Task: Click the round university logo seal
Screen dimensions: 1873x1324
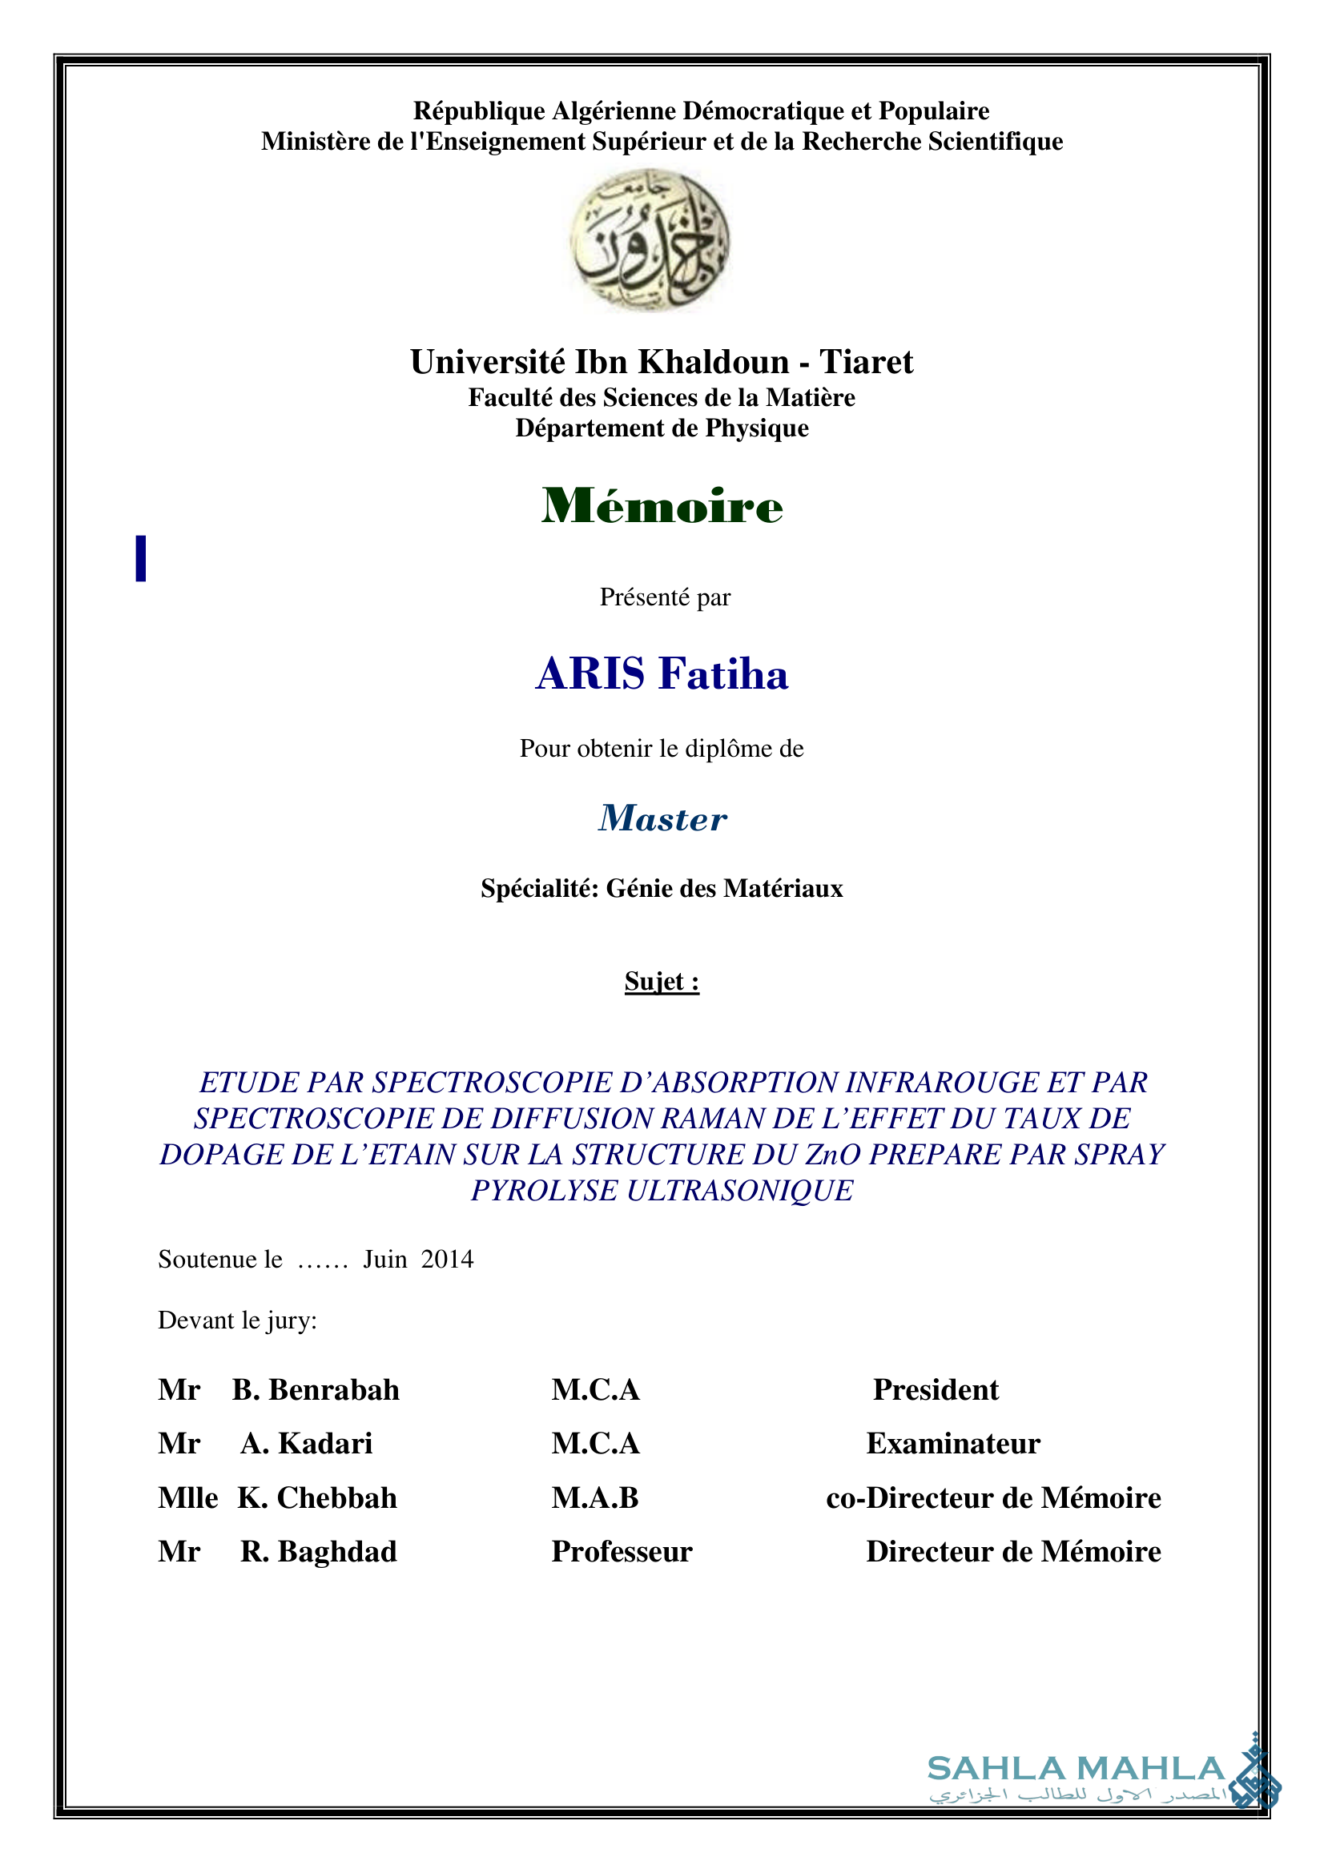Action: tap(650, 240)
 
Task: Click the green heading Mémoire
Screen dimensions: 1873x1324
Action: tap(662, 506)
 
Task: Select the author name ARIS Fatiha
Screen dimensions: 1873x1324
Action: tap(662, 673)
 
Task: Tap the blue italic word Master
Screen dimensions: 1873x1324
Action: tap(662, 818)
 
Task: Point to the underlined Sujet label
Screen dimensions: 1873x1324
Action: tap(662, 981)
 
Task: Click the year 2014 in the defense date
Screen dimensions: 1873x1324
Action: tap(447, 1260)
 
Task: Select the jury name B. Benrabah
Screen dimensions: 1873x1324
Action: tap(316, 1389)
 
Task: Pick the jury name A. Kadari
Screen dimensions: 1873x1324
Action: tap(306, 1443)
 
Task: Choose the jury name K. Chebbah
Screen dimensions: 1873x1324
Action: tap(317, 1497)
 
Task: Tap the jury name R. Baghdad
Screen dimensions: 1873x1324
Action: tap(318, 1552)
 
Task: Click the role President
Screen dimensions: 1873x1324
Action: tap(936, 1389)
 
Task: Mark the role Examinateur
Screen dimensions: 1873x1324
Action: tap(953, 1443)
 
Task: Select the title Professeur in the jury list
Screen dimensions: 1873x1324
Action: tap(622, 1552)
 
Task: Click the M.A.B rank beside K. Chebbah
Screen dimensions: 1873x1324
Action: tap(594, 1497)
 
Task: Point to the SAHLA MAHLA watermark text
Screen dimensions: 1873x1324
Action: tap(1076, 1769)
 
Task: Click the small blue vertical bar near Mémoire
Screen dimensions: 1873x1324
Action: tap(141, 558)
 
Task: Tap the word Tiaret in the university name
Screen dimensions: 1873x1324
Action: tap(867, 361)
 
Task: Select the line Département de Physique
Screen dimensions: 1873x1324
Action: tap(662, 428)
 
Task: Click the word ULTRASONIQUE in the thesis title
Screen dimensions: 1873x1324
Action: tap(739, 1191)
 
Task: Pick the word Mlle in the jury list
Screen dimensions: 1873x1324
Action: tap(187, 1497)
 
